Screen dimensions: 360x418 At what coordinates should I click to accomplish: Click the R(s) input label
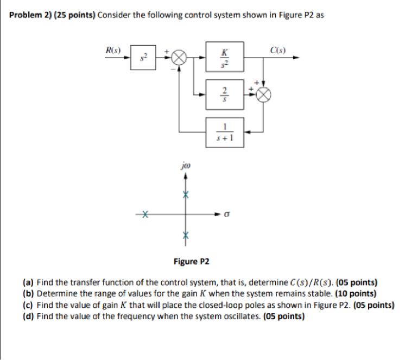(x=112, y=50)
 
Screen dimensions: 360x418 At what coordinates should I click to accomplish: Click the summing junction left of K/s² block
(x=179, y=57)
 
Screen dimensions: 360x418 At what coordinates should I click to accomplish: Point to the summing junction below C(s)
(x=264, y=93)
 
